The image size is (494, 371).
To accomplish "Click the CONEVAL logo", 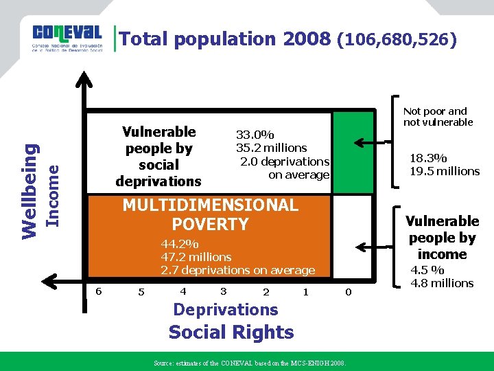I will point(67,39).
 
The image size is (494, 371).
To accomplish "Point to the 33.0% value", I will point(255,135).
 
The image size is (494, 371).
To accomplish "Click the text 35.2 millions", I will point(272,148).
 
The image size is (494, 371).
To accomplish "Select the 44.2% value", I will point(180,244).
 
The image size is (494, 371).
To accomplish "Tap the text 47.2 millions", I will point(196,257).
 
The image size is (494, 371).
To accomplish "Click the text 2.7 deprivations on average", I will point(237,270).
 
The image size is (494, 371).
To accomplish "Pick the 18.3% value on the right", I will point(429,158).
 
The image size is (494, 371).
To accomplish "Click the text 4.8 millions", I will point(442,283).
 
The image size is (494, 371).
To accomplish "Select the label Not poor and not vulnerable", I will point(438,116).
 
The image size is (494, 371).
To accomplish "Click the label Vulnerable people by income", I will point(442,237).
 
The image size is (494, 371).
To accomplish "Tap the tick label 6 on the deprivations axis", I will point(99,291).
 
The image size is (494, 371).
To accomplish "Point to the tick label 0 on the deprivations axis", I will point(349,292).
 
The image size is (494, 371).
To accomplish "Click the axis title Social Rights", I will point(231,333).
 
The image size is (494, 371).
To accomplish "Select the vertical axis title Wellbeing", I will point(30,188).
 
